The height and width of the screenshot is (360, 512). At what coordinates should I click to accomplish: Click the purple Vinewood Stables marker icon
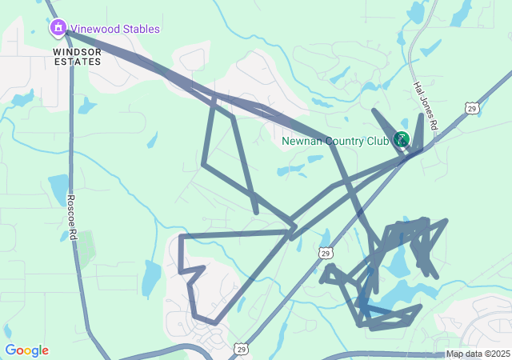58,29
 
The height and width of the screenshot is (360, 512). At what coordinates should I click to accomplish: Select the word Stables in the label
141,29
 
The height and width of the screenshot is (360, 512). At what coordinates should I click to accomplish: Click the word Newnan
302,142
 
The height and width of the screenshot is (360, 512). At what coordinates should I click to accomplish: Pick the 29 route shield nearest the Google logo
240,349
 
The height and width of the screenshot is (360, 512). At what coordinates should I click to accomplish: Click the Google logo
26,350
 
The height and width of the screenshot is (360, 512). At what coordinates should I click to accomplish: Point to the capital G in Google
10,350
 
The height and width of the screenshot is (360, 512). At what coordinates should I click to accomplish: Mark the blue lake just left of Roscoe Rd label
58,189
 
